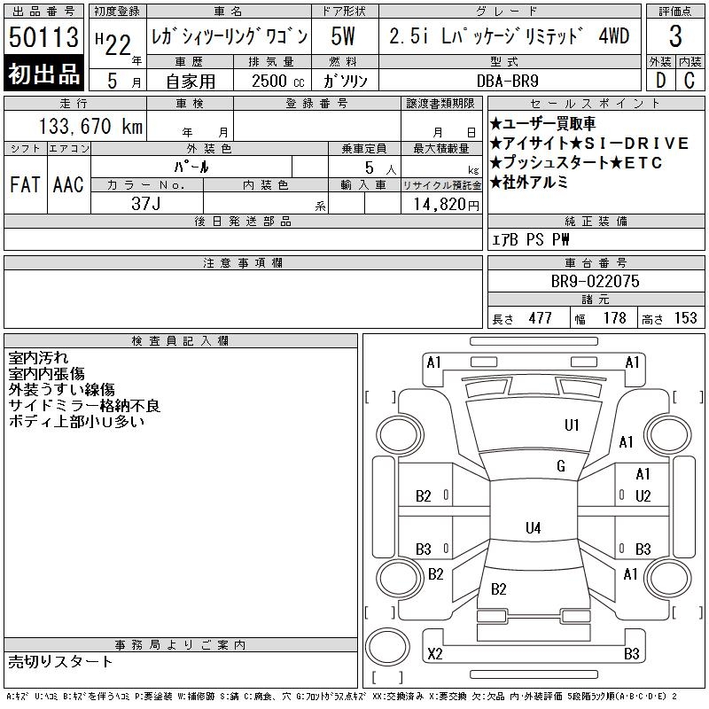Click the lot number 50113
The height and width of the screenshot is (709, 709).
point(43,37)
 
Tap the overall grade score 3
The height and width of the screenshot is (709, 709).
point(675,36)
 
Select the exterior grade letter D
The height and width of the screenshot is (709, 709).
point(660,81)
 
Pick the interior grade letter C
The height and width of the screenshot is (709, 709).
point(690,81)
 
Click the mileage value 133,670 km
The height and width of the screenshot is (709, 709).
point(90,126)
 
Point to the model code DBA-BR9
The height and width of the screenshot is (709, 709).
point(508,81)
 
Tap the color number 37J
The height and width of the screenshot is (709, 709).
point(146,204)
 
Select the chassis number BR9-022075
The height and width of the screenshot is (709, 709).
point(595,281)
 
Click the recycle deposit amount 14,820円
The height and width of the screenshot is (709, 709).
point(447,205)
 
